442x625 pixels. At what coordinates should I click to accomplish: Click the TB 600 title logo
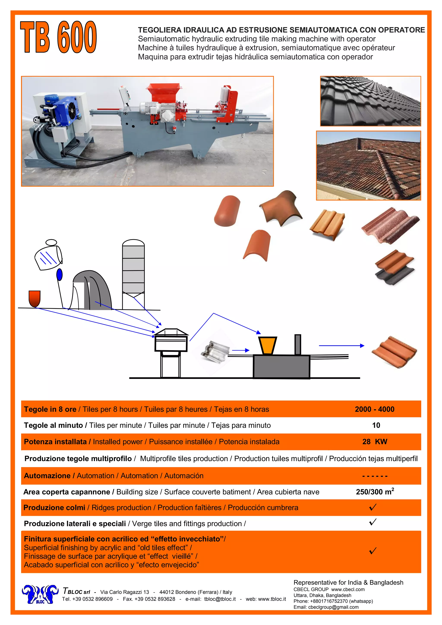pos(58,37)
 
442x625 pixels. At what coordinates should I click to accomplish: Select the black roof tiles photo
pos(370,101)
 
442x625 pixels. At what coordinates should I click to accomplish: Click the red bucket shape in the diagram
pos(35,298)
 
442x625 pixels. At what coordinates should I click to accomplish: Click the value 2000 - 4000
pos(374,409)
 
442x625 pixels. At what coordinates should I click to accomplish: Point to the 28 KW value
pos(374,441)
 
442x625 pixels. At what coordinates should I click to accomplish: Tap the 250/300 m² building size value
pos(375,492)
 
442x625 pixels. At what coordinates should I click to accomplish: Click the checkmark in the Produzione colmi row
pos(373,507)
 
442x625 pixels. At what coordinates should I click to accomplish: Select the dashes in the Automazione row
pos(375,476)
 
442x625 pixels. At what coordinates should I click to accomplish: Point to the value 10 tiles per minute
pos(376,425)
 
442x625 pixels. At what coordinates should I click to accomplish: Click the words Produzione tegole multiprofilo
pos(78,459)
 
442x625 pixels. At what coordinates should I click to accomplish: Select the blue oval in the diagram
pos(59,275)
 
